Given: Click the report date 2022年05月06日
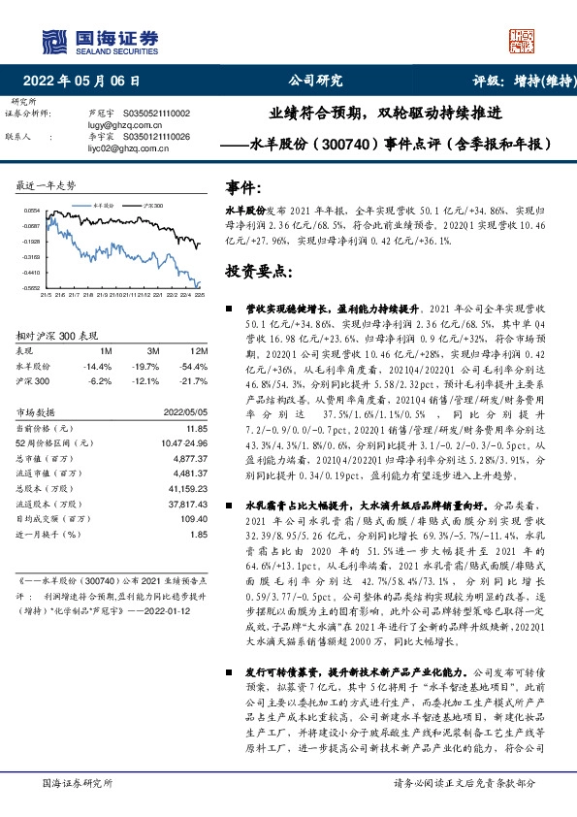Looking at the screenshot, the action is (x=87, y=82).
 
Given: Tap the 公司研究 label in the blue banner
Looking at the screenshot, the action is (x=316, y=82).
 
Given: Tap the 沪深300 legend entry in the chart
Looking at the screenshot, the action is (x=151, y=207).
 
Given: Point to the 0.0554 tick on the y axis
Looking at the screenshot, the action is (x=32, y=211).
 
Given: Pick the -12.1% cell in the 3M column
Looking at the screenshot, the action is (x=146, y=381).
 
